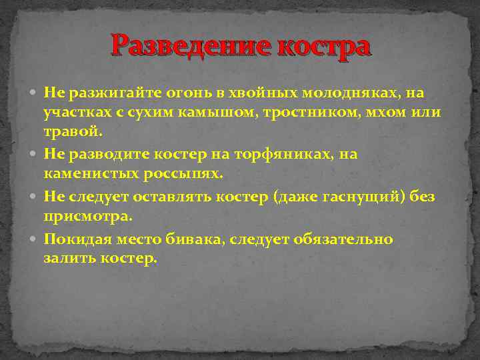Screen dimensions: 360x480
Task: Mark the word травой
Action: [73, 132]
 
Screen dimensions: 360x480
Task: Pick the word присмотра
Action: [88, 216]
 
